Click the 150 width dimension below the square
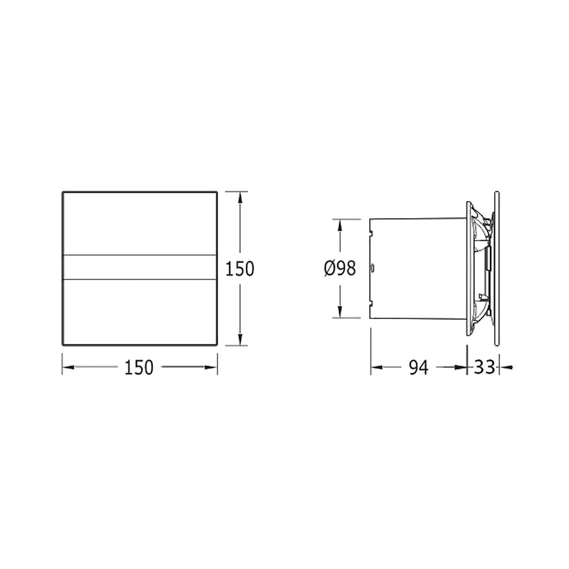[x=140, y=367]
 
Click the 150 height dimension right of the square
[x=240, y=269]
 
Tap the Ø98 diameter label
[x=340, y=269]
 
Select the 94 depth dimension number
[x=418, y=367]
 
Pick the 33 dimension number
[x=484, y=367]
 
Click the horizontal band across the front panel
[x=140, y=267]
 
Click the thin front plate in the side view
[x=498, y=269]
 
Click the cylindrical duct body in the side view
[x=417, y=269]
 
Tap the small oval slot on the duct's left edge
[x=373, y=268]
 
